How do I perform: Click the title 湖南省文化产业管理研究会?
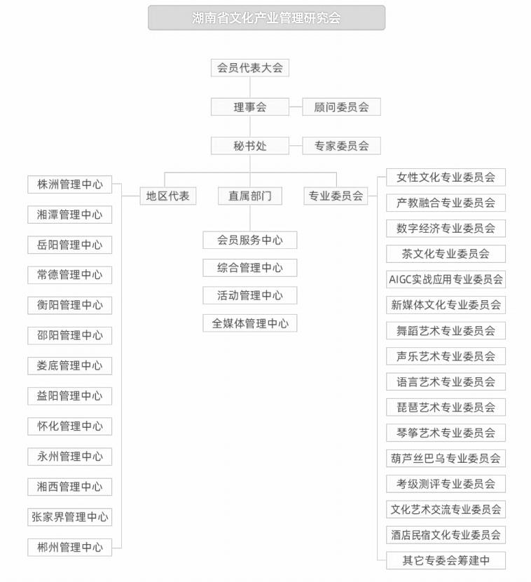pyautogui.click(x=266, y=18)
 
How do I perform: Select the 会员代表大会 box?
pyautogui.click(x=250, y=68)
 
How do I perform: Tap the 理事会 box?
pyautogui.click(x=250, y=107)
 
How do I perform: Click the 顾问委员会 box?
pyautogui.click(x=342, y=107)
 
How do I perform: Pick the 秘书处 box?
pyautogui.click(x=250, y=146)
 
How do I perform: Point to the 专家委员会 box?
pyautogui.click(x=342, y=146)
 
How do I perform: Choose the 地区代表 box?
pyautogui.click(x=168, y=196)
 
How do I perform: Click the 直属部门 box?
pyautogui.click(x=250, y=196)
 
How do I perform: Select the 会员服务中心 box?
pyautogui.click(x=250, y=240)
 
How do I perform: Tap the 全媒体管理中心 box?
pyautogui.click(x=250, y=323)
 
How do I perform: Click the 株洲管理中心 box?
pyautogui.click(x=70, y=184)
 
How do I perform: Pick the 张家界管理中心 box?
pyautogui.click(x=70, y=517)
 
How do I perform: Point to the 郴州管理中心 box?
pyautogui.click(x=70, y=548)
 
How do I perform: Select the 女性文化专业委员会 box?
pyautogui.click(x=446, y=177)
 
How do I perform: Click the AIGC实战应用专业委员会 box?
pyautogui.click(x=446, y=279)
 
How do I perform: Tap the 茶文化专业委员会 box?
pyautogui.click(x=446, y=254)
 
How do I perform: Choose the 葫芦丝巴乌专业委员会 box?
pyautogui.click(x=446, y=459)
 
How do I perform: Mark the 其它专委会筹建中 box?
pyautogui.click(x=446, y=560)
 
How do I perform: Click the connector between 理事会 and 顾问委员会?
pyautogui.click(x=296, y=107)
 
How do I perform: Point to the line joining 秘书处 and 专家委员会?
pyautogui.click(x=296, y=146)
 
